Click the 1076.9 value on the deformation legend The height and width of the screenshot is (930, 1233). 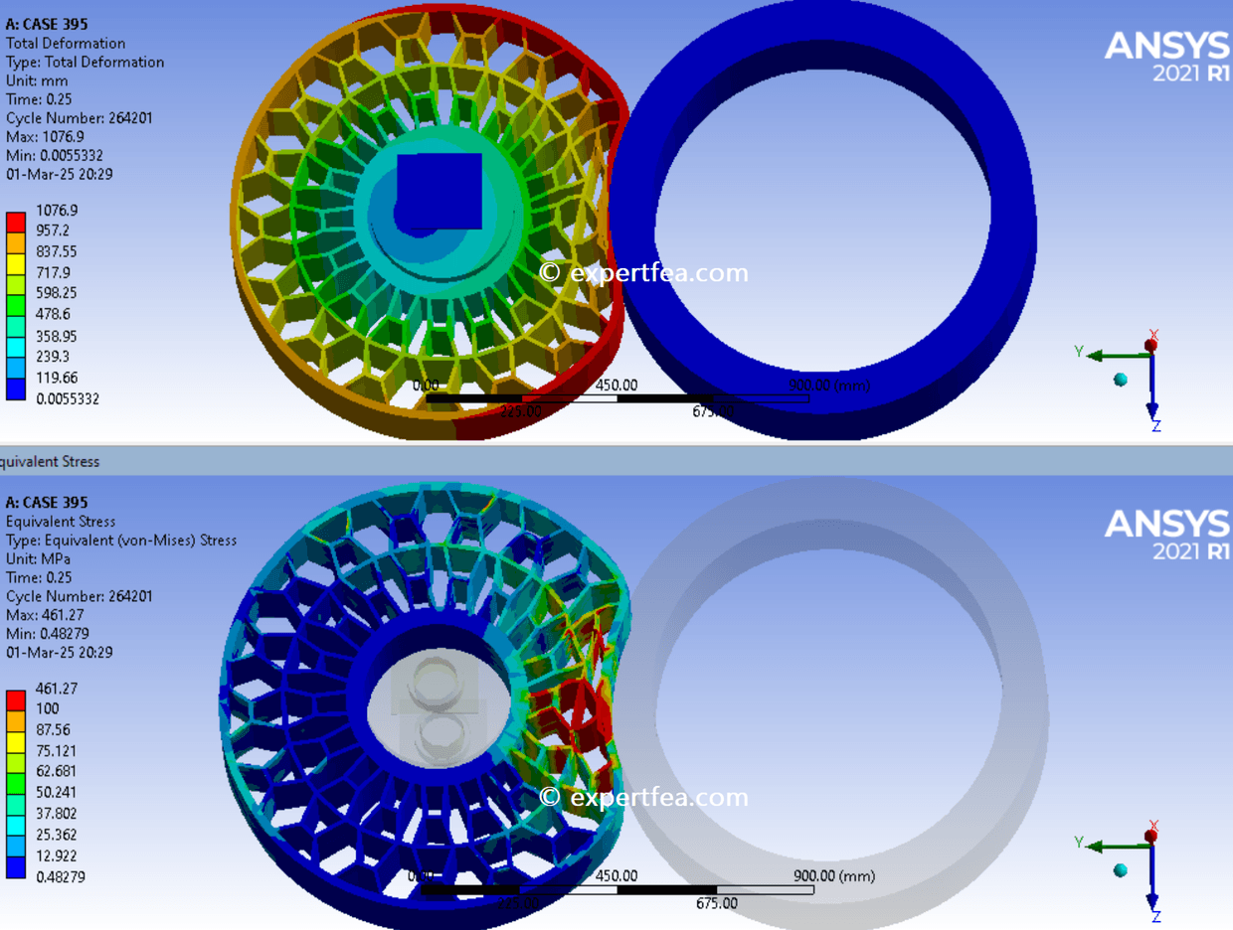[57, 211]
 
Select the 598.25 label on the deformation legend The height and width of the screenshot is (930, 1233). [57, 293]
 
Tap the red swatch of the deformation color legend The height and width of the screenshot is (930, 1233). [16, 221]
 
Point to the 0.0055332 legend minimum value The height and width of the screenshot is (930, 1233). [67, 398]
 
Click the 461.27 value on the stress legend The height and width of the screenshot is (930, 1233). [57, 688]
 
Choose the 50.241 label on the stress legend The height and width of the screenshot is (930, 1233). [57, 792]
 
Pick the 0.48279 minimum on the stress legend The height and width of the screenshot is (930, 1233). [60, 876]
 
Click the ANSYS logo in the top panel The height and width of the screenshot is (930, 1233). [1166, 54]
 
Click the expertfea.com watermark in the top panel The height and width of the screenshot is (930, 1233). [643, 273]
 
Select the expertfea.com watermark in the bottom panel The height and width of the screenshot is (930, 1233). [643, 797]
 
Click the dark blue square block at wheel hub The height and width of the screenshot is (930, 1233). [440, 189]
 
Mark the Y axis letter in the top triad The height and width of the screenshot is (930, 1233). [1078, 351]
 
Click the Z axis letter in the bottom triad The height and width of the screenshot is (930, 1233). [1156, 915]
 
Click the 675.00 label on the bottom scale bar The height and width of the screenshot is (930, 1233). [716, 903]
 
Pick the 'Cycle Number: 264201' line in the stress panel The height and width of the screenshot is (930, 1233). [80, 596]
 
